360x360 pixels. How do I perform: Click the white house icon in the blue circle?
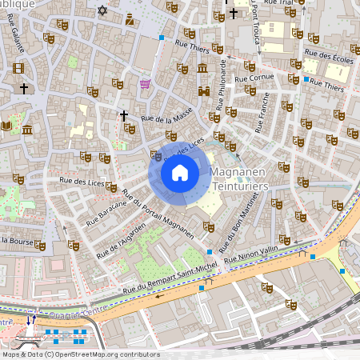point(180,173)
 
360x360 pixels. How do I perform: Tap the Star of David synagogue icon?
point(102,10)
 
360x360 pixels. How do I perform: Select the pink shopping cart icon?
point(145,83)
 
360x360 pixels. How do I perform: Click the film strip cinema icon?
point(18,66)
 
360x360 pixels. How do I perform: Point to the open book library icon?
point(7,126)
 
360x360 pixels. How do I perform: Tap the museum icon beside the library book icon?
point(27,129)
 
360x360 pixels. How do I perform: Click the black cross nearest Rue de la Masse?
point(124,116)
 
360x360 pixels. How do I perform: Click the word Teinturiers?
point(238,186)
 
